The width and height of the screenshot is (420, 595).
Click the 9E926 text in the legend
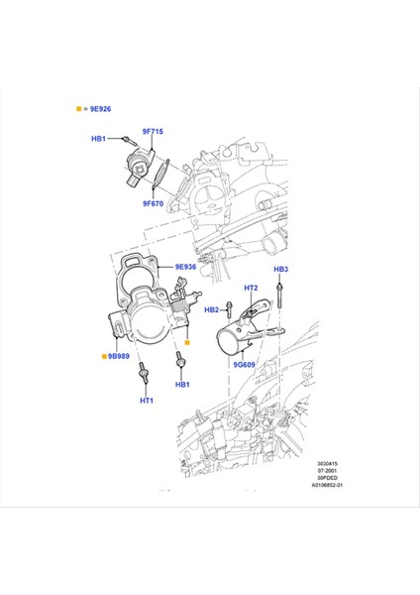click(x=100, y=107)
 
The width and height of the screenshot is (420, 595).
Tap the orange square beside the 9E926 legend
click(x=77, y=107)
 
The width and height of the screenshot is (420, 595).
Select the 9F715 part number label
click(x=153, y=130)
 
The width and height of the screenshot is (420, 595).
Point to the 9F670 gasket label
click(x=153, y=204)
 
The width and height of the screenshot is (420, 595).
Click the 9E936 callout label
click(x=187, y=267)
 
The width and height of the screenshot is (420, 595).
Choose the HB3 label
click(x=281, y=270)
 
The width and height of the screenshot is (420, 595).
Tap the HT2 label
click(x=250, y=288)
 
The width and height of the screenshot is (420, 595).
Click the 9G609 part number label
click(x=245, y=365)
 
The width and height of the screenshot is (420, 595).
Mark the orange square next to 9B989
click(x=102, y=353)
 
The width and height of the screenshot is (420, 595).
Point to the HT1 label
click(x=146, y=402)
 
